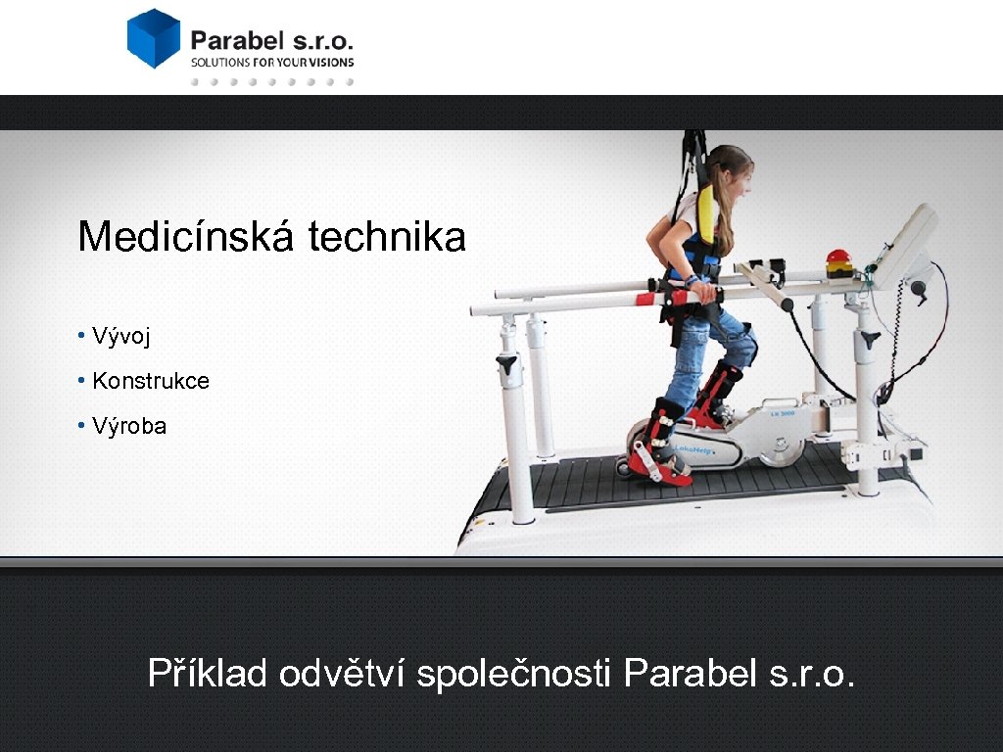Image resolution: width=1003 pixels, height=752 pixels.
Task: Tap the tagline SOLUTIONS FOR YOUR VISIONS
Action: (x=272, y=62)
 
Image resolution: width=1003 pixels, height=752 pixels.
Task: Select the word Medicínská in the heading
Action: (x=187, y=237)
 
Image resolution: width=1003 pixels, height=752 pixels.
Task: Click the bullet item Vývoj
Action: (x=120, y=337)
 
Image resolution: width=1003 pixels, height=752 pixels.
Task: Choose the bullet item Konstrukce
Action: (x=150, y=381)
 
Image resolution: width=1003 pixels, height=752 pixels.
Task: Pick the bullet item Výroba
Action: (x=128, y=426)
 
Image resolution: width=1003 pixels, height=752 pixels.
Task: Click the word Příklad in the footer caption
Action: (x=207, y=673)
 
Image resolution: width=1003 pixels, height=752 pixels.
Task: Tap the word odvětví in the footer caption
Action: (x=342, y=673)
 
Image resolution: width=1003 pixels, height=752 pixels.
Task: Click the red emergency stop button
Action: (x=838, y=260)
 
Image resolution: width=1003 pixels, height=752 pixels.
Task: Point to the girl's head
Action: (x=730, y=166)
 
